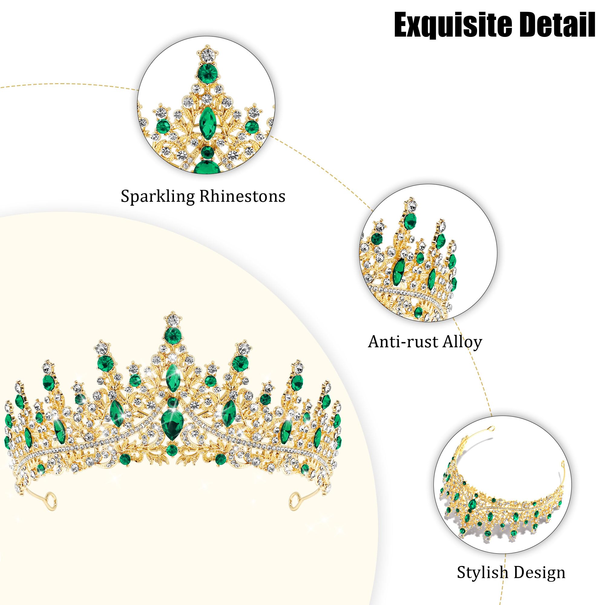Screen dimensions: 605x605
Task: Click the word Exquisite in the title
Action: click(x=451, y=25)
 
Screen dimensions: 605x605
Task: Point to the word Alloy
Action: click(x=462, y=342)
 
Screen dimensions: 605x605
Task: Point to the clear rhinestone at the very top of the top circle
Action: click(x=207, y=55)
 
